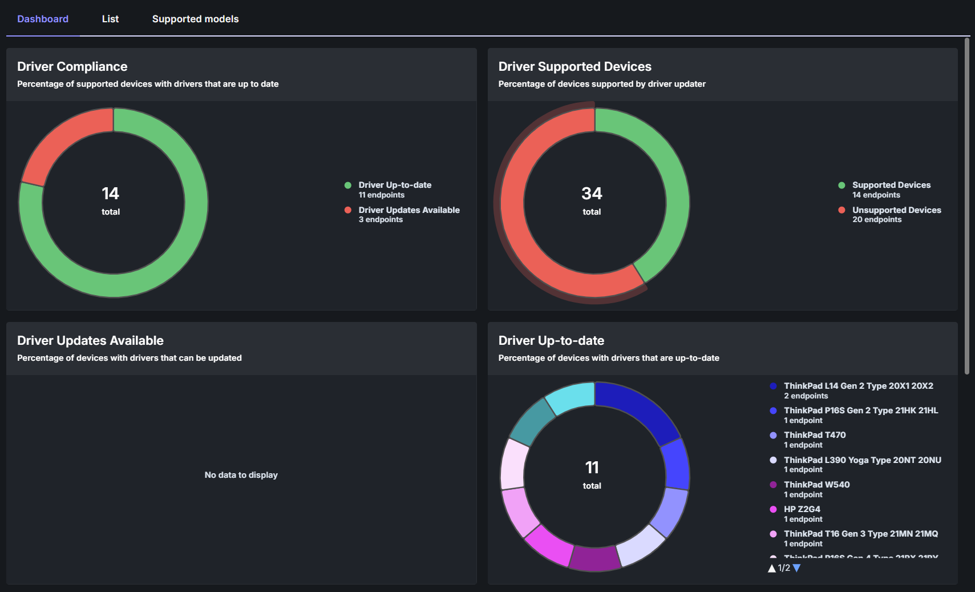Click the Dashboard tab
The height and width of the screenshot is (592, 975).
pos(43,19)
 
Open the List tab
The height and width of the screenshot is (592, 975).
pos(110,19)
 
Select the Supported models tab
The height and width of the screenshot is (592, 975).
pos(195,19)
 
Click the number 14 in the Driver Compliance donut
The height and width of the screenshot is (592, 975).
pos(111,194)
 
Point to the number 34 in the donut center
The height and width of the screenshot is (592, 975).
pos(592,194)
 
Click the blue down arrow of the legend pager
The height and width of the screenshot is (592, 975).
pos(797,568)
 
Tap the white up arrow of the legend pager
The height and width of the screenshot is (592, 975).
pos(772,568)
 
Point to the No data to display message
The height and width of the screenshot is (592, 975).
pos(241,475)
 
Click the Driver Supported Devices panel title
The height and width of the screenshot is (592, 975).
pos(575,67)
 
